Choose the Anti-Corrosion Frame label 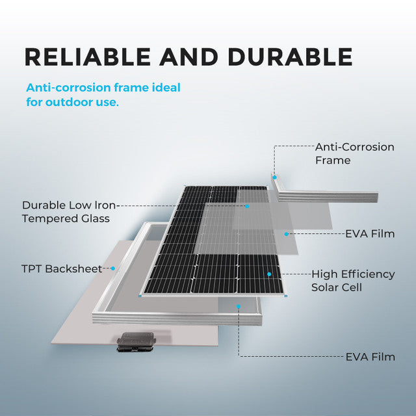point(354,153)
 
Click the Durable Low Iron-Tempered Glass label point(66,211)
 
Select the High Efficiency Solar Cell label point(352,281)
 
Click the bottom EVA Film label point(369,357)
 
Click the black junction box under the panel point(135,341)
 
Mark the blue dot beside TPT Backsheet point(113,268)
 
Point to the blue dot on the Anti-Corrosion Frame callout point(274,176)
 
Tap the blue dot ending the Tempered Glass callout point(248,205)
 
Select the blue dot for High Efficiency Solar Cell point(268,274)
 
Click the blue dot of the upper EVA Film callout point(286,233)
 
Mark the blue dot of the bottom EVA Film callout point(239,305)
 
